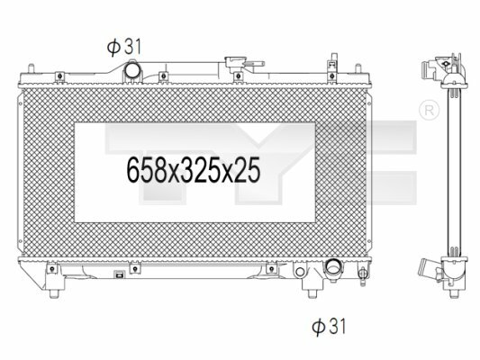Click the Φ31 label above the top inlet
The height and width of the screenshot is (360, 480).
[124, 47]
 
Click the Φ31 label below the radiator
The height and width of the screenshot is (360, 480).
[329, 327]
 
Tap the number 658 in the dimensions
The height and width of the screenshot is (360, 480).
[146, 170]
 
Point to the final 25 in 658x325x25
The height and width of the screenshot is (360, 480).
[247, 170]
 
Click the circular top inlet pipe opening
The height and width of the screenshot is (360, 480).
[132, 71]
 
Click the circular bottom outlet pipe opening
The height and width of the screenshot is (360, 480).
[334, 266]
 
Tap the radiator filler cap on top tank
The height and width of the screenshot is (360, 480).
[235, 64]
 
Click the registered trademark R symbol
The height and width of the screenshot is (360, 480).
[429, 110]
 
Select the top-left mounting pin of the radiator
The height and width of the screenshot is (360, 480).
[31, 68]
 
